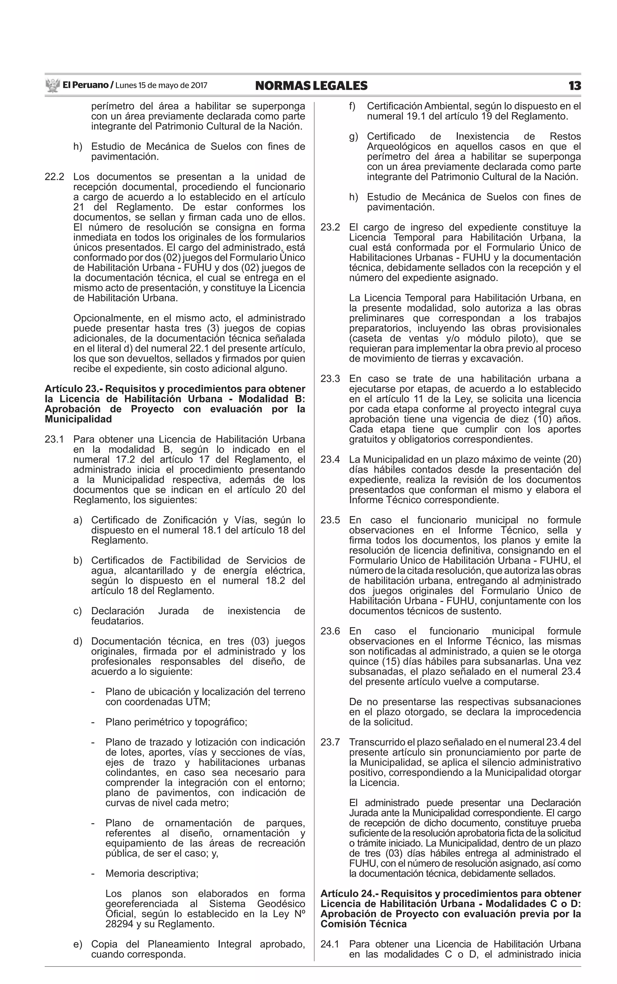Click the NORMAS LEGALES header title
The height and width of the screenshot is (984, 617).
coord(311,86)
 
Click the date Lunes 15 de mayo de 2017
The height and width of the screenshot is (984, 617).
coord(161,86)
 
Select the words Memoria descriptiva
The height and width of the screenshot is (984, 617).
coord(152,873)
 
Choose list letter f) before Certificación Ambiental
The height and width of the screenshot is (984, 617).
coord(352,106)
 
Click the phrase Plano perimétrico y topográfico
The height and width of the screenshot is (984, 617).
coord(176,722)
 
